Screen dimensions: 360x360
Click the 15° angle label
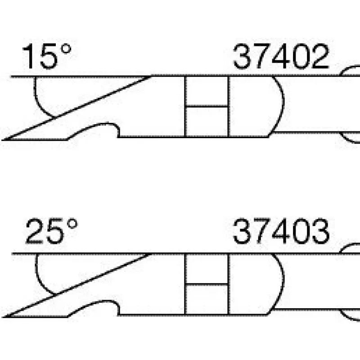(46, 56)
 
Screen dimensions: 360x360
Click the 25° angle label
(52, 231)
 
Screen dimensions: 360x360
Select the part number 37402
(281, 57)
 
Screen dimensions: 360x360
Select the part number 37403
(281, 231)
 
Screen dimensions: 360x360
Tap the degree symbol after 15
(66, 49)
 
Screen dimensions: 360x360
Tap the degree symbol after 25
(72, 224)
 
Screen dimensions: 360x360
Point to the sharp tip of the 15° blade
(3, 139)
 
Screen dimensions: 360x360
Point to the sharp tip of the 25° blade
(3, 317)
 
